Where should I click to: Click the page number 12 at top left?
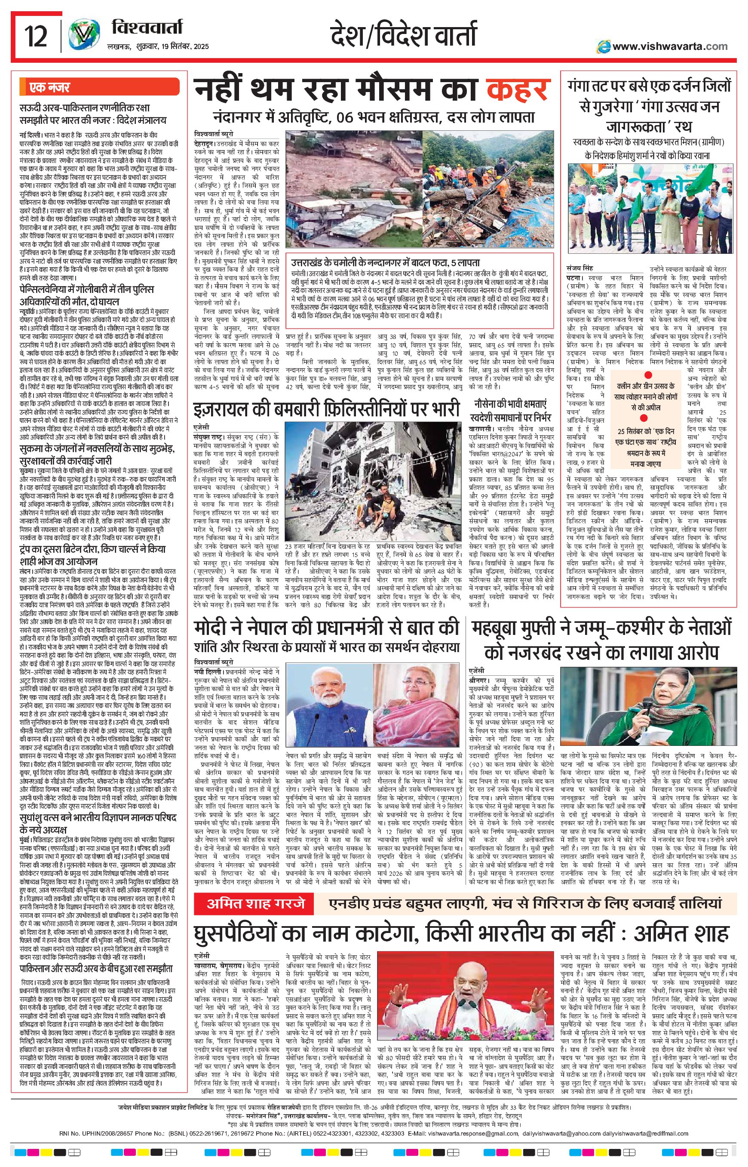pos(37,37)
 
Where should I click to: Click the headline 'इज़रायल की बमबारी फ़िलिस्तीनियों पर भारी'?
pos(326,409)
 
